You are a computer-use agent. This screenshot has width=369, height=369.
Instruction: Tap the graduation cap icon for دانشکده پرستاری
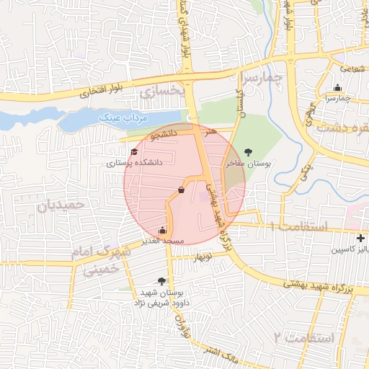click(x=135, y=151)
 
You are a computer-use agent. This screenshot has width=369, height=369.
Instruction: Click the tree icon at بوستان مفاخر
click(x=249, y=151)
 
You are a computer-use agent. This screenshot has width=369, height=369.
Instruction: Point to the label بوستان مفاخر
click(x=249, y=164)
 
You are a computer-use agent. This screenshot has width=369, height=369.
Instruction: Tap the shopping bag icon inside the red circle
click(x=180, y=190)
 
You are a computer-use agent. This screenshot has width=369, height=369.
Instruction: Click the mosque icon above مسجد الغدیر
click(x=161, y=230)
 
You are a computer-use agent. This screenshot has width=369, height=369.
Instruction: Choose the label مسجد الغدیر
click(x=164, y=240)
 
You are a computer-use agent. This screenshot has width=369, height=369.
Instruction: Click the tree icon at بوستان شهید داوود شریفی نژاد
click(x=161, y=281)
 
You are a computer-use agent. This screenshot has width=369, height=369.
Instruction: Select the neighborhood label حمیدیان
click(x=61, y=205)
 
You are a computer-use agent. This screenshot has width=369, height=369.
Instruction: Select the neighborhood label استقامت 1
click(x=297, y=226)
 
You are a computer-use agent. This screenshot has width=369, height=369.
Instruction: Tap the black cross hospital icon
click(x=360, y=238)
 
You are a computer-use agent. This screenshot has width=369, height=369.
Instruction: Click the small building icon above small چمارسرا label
click(x=337, y=88)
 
